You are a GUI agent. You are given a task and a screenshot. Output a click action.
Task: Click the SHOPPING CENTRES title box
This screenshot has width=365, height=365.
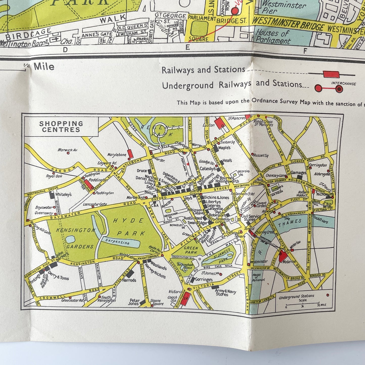(61, 127)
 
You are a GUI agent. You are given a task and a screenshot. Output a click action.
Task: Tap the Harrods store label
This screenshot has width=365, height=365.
(129, 280)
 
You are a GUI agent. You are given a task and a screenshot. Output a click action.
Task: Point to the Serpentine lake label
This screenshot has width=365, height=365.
(117, 242)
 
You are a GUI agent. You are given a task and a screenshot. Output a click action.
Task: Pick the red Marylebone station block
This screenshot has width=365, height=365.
(130, 154)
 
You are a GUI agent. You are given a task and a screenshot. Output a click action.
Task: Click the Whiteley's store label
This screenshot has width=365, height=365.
(63, 194)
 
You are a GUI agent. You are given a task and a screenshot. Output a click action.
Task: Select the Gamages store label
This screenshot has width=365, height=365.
(298, 173)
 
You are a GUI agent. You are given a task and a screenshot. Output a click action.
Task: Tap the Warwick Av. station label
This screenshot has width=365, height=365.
(67, 150)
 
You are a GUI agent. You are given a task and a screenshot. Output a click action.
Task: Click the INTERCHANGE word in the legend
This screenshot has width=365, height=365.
(343, 84)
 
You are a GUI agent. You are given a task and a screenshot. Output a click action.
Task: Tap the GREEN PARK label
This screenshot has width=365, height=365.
(191, 250)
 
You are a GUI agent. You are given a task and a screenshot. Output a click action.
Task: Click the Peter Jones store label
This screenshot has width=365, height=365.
(134, 302)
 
